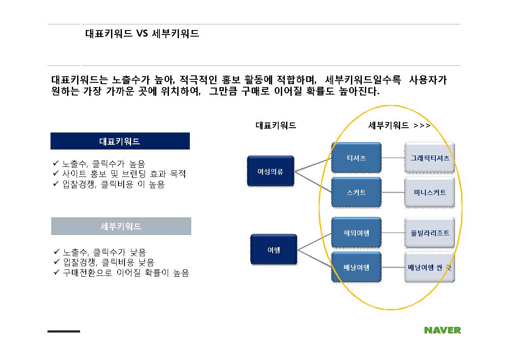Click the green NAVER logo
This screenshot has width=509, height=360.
pos(442,330)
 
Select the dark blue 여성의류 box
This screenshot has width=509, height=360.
pos(270,171)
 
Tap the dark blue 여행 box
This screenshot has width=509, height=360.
pos(273,250)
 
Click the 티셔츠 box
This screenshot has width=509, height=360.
pos(356,158)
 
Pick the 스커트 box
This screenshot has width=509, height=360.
pos(356,192)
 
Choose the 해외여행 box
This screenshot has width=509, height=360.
pos(356,233)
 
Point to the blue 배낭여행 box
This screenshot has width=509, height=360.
pos(356,268)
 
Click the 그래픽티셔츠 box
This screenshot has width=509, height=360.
pos(429,158)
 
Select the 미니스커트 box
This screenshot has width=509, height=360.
pos(429,192)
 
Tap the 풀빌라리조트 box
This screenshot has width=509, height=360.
pos(429,233)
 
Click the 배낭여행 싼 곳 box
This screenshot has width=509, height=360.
pos(429,268)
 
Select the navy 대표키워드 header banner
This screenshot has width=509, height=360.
pos(120,141)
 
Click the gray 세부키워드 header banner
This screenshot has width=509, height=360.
pos(121,226)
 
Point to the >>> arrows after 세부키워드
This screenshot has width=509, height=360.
pos(422,126)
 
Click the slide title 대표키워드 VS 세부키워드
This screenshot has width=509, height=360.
pos(142,34)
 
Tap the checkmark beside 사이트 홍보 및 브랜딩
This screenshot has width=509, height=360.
pos(56,173)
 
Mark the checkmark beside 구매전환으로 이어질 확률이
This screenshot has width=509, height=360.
pos(57,272)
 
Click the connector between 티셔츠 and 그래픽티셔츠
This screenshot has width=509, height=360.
pos(393,158)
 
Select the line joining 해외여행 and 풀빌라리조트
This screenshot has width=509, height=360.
pos(393,233)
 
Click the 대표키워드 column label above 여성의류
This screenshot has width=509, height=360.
pos(276,126)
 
